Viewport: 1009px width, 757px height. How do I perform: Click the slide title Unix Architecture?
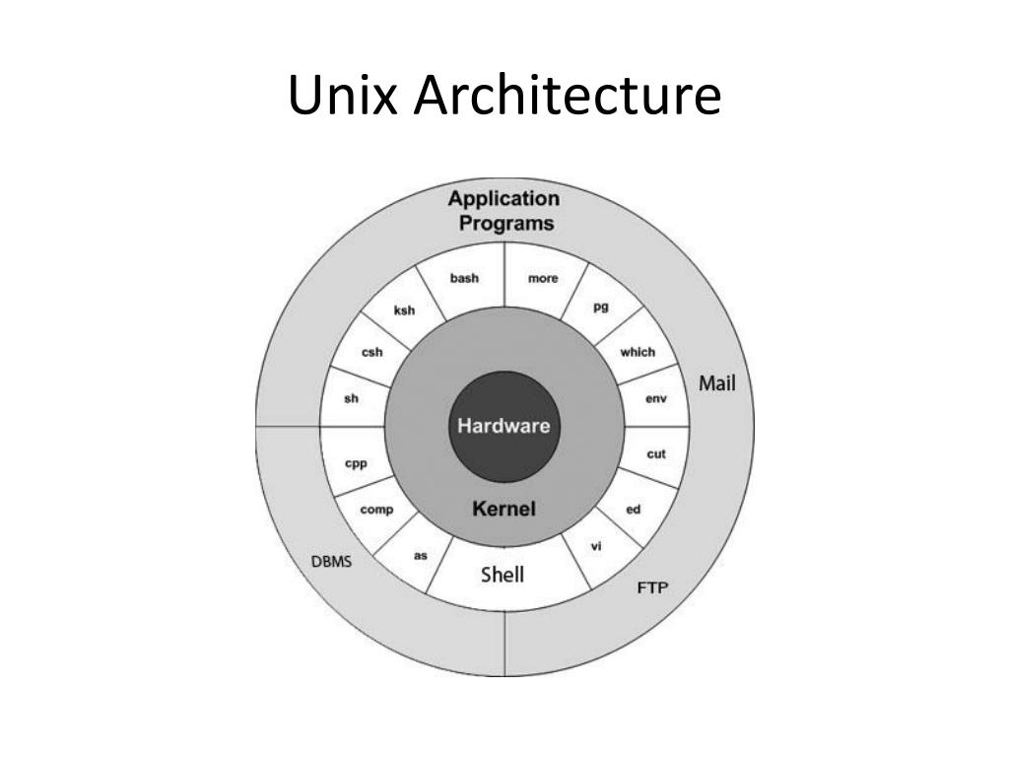(x=504, y=97)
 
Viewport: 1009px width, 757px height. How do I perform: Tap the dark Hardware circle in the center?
(x=504, y=427)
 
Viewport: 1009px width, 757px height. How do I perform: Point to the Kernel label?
(x=504, y=510)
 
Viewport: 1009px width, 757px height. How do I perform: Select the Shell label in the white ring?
(x=503, y=574)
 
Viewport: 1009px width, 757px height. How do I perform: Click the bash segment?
(x=464, y=278)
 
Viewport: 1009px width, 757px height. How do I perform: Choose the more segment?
(x=543, y=278)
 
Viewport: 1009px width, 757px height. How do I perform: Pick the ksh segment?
(x=405, y=310)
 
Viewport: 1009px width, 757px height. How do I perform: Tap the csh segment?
(x=372, y=352)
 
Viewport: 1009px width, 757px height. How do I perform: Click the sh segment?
(x=351, y=398)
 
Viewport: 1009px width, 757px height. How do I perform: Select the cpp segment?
(x=355, y=463)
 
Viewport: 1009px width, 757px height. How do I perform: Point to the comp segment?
(x=376, y=510)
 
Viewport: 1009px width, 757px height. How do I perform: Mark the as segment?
(x=421, y=555)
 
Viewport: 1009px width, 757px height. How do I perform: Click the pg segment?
(x=601, y=307)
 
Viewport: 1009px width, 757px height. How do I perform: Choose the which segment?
(x=638, y=352)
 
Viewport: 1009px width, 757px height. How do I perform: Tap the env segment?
(x=656, y=399)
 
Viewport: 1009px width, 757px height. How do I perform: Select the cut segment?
(x=656, y=454)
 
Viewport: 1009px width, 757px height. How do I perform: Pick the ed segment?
(x=634, y=510)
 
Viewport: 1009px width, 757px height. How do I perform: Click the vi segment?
(x=596, y=546)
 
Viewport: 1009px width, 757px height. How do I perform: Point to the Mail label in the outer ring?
(x=717, y=383)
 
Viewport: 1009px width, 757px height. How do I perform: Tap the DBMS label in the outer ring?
(x=332, y=562)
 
